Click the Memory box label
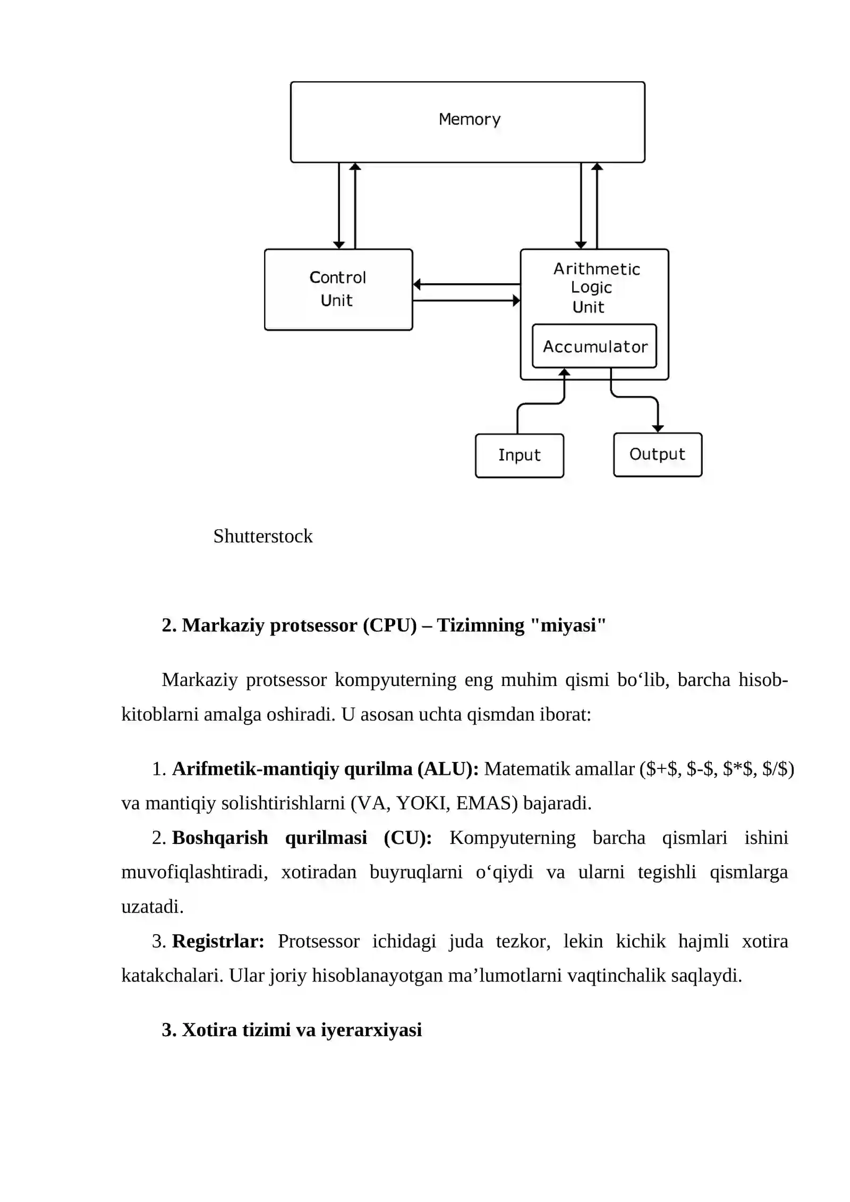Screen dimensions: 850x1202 click(x=470, y=120)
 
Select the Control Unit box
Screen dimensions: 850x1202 click(x=338, y=290)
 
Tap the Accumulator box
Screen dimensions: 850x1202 click(x=594, y=346)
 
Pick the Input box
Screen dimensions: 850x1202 click(x=520, y=455)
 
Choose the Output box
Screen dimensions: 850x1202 click(x=658, y=455)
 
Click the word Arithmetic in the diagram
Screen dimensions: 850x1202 click(x=597, y=269)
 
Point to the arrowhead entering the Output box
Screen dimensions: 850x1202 click(x=658, y=428)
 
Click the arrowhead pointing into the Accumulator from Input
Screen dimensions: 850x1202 click(x=564, y=372)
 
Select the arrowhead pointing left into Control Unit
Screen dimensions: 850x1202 click(x=417, y=284)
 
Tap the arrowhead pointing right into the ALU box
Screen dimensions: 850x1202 click(x=516, y=301)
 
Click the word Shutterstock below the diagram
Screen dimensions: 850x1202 click(x=263, y=536)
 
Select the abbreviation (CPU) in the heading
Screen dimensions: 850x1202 click(x=390, y=625)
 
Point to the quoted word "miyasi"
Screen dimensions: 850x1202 click(x=568, y=625)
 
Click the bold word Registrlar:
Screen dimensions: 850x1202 click(x=218, y=941)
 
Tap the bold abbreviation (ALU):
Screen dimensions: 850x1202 click(x=448, y=769)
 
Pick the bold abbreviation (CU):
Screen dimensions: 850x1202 click(x=408, y=838)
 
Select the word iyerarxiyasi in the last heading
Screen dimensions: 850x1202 click(x=371, y=1030)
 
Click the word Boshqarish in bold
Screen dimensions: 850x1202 click(x=220, y=838)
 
